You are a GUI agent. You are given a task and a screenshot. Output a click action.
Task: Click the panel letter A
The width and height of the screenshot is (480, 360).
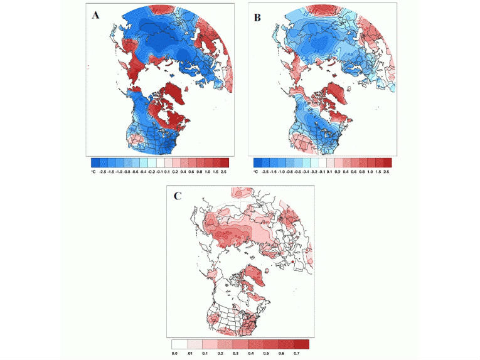click(96, 16)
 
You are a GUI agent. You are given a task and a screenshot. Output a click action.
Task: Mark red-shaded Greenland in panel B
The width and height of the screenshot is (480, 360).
click(338, 95)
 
